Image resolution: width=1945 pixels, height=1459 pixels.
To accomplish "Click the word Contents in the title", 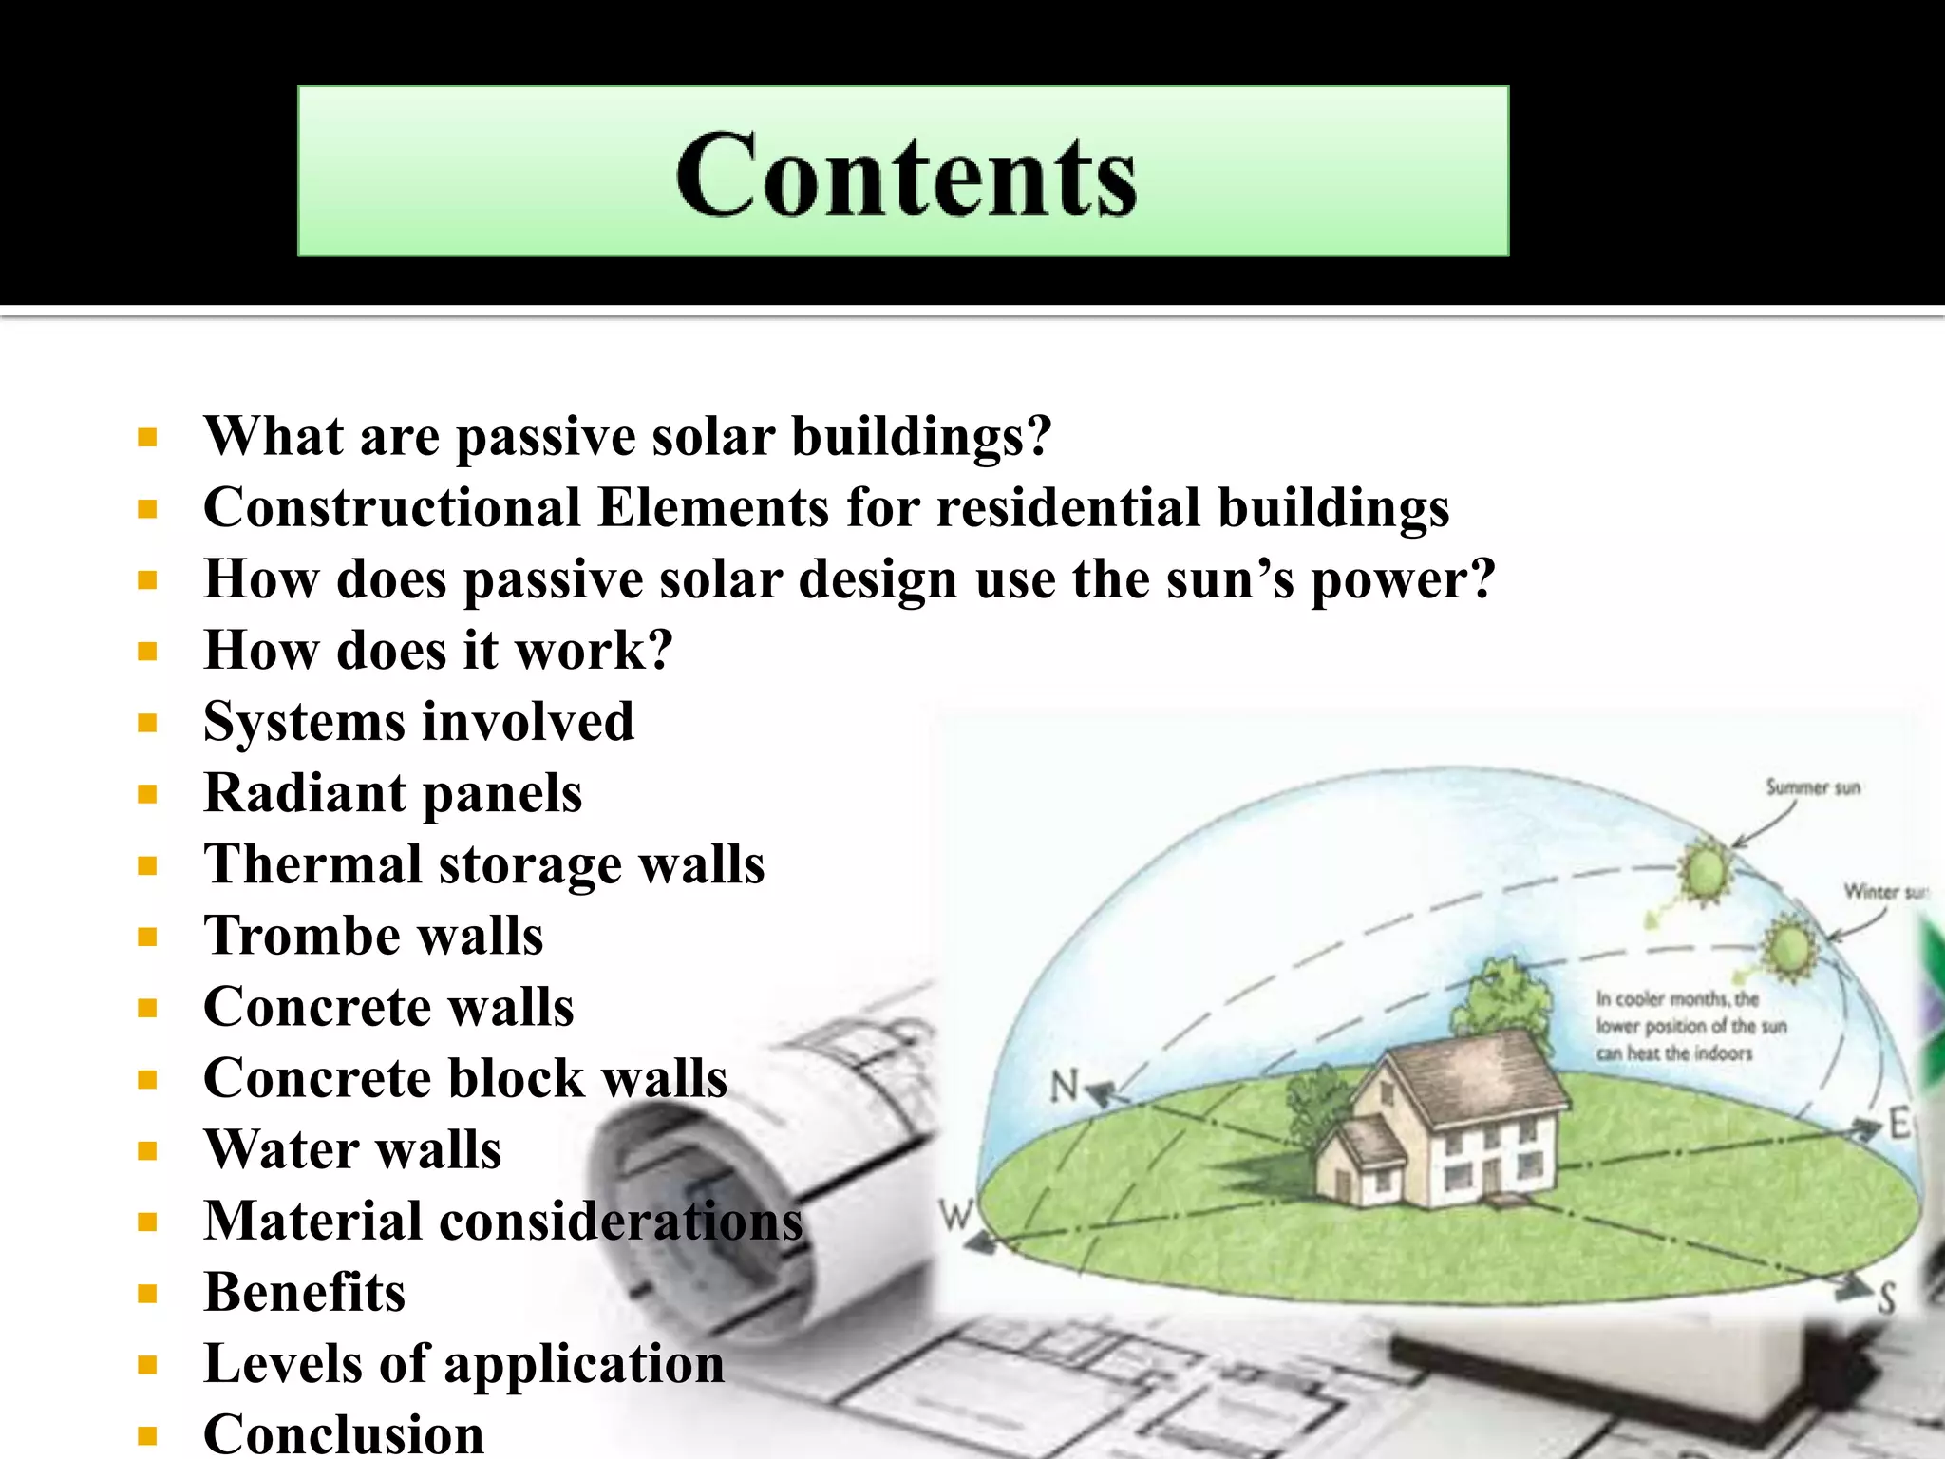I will point(906,174).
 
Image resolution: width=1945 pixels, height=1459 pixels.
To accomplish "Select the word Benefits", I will point(305,1292).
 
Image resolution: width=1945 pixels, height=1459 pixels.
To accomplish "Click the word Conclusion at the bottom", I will point(344,1433).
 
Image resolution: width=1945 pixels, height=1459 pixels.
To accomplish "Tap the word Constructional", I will point(391,507).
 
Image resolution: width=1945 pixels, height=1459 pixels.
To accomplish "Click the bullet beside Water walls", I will point(147,1151).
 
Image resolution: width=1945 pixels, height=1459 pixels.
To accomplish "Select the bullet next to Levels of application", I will point(147,1365).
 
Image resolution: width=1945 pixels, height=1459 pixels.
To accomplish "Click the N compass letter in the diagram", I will point(1065,1085).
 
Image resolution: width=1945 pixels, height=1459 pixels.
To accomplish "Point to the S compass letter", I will point(1886,1298).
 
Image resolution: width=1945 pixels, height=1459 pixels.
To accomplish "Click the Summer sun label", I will point(1812,787).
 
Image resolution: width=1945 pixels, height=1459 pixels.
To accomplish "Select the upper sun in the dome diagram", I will point(1706,868).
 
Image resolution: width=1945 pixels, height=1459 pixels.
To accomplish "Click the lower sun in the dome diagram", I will point(1789,946).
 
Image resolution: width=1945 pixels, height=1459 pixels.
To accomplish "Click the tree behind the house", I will point(1501,997).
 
